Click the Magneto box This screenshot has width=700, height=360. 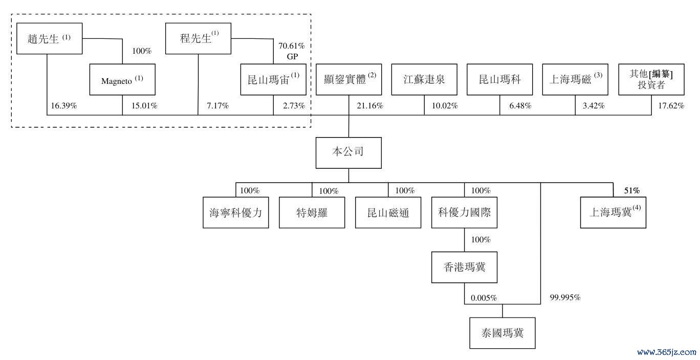tap(122, 80)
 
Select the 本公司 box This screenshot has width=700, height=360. tap(348, 153)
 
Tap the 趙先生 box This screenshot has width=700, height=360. tap(49, 38)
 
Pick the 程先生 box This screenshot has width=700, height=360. tap(198, 38)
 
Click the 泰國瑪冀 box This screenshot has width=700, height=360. tap(502, 333)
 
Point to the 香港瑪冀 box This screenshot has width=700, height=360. tap(464, 267)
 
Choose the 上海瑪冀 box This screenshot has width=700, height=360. tap(613, 212)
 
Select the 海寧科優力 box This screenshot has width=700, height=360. tap(235, 212)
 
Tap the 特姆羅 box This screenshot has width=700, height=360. tap(312, 212)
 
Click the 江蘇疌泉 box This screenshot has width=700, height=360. tap(424, 80)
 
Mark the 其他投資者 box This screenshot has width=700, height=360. tap(651, 80)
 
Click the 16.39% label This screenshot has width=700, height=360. tap(64, 106)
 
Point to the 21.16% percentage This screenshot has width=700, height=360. tap(369, 106)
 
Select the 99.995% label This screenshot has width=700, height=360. tap(565, 298)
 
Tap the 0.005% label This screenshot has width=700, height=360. tap(484, 298)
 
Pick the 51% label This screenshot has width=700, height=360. tap(632, 190)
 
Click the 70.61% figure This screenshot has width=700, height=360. tap(292, 46)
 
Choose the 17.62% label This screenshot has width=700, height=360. tap(671, 106)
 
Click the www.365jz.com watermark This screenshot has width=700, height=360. tap(667, 352)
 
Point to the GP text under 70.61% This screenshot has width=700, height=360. tap(292, 57)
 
